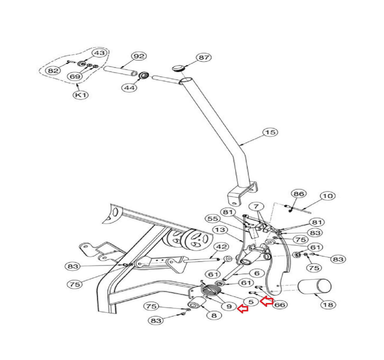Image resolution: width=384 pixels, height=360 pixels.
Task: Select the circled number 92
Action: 139,56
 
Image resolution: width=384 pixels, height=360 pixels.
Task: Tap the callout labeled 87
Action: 204,58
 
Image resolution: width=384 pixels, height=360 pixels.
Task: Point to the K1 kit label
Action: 81,95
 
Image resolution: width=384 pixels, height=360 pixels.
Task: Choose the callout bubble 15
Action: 270,132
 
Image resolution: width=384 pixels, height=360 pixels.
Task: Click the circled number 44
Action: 129,88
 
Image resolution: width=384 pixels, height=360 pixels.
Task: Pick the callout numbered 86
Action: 299,194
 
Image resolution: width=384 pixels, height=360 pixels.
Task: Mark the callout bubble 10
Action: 328,196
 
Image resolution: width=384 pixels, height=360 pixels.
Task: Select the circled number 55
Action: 213,219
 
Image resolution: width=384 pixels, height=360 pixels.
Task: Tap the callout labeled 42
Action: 222,247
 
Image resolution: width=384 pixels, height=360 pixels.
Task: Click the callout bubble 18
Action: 328,305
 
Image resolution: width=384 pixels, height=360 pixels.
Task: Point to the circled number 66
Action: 280,305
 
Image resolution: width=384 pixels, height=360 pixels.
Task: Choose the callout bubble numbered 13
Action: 220,230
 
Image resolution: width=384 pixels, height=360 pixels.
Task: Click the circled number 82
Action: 53,71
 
